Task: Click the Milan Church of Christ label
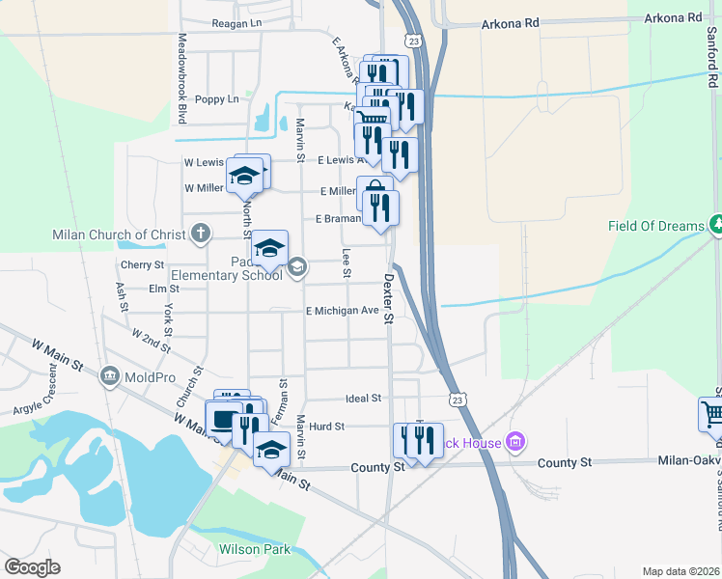click(x=122, y=234)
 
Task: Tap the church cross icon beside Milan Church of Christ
click(x=200, y=233)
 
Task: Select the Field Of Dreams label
click(x=655, y=226)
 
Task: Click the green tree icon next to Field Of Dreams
click(x=716, y=225)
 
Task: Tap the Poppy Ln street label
click(x=216, y=98)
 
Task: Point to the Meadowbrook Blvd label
click(x=181, y=79)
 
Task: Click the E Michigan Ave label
click(x=342, y=311)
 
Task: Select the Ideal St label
click(x=364, y=398)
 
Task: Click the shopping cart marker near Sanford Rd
click(x=711, y=415)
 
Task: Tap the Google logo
click(x=32, y=567)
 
